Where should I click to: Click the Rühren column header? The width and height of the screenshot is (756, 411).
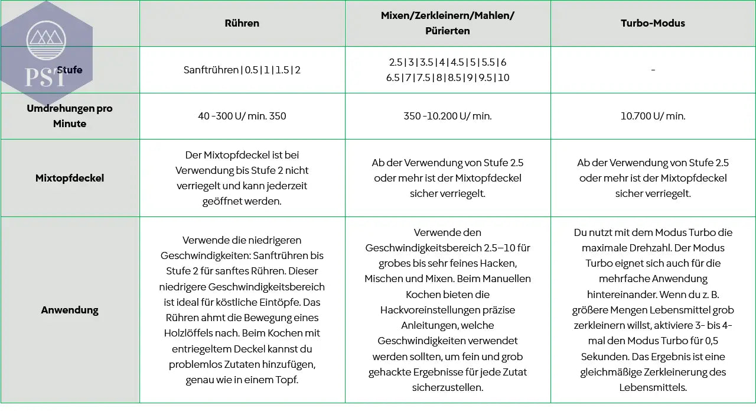(242, 24)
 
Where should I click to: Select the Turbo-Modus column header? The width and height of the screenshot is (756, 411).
(653, 24)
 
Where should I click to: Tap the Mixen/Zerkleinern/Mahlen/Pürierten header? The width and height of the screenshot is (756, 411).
(448, 24)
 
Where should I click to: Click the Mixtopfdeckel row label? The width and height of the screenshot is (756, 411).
(70, 178)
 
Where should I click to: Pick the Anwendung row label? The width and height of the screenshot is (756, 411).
(70, 310)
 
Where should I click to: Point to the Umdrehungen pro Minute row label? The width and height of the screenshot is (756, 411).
(70, 116)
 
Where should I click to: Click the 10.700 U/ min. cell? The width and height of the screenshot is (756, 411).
(653, 116)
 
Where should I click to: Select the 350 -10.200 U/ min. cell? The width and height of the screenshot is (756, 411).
(448, 116)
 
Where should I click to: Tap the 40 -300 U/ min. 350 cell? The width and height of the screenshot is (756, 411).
(242, 116)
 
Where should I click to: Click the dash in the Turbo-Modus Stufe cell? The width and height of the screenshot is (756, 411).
(653, 70)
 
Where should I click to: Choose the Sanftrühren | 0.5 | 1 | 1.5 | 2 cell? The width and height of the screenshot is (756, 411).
(242, 70)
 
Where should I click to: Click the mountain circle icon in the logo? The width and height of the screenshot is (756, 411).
(47, 40)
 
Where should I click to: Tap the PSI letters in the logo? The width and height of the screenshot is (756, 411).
(45, 77)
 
